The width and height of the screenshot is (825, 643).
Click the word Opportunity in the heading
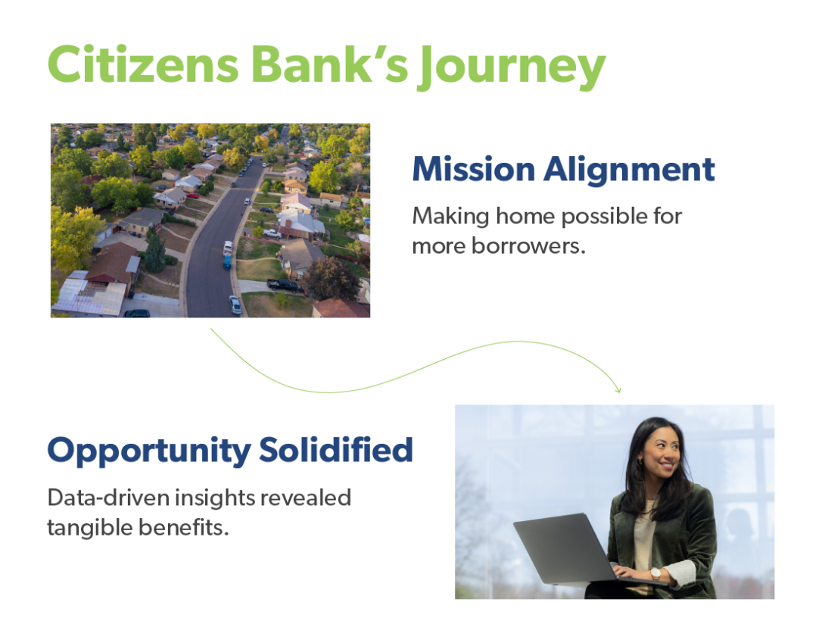(148, 451)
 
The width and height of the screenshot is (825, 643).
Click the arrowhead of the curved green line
(618, 389)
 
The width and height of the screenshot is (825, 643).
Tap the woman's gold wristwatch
(655, 573)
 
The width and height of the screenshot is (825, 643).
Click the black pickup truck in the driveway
(285, 285)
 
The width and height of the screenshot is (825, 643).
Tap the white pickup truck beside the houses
(272, 233)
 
